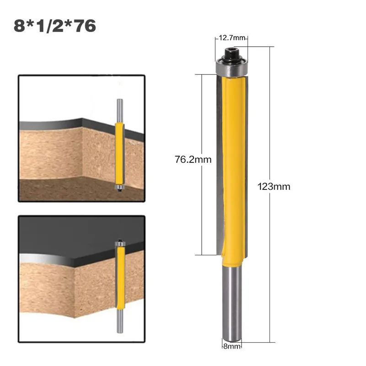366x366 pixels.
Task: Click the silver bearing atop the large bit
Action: click(x=232, y=68)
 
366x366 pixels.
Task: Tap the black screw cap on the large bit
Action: click(x=232, y=54)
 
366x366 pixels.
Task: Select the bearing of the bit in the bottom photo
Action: click(x=120, y=243)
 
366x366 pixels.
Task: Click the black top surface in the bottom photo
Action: click(x=69, y=238)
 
